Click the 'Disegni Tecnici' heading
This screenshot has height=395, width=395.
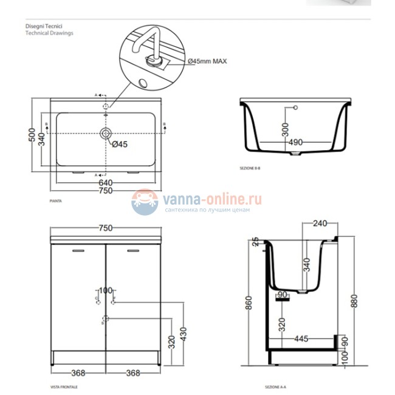(x=43, y=27)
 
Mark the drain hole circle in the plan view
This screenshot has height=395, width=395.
(x=106, y=133)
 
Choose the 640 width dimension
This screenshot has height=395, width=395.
(x=106, y=182)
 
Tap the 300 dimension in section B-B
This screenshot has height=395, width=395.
(x=285, y=129)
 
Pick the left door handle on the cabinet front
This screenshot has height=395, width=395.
(x=78, y=250)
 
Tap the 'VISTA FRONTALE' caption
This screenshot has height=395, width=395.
(x=63, y=386)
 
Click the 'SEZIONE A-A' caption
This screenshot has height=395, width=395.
(x=275, y=386)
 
